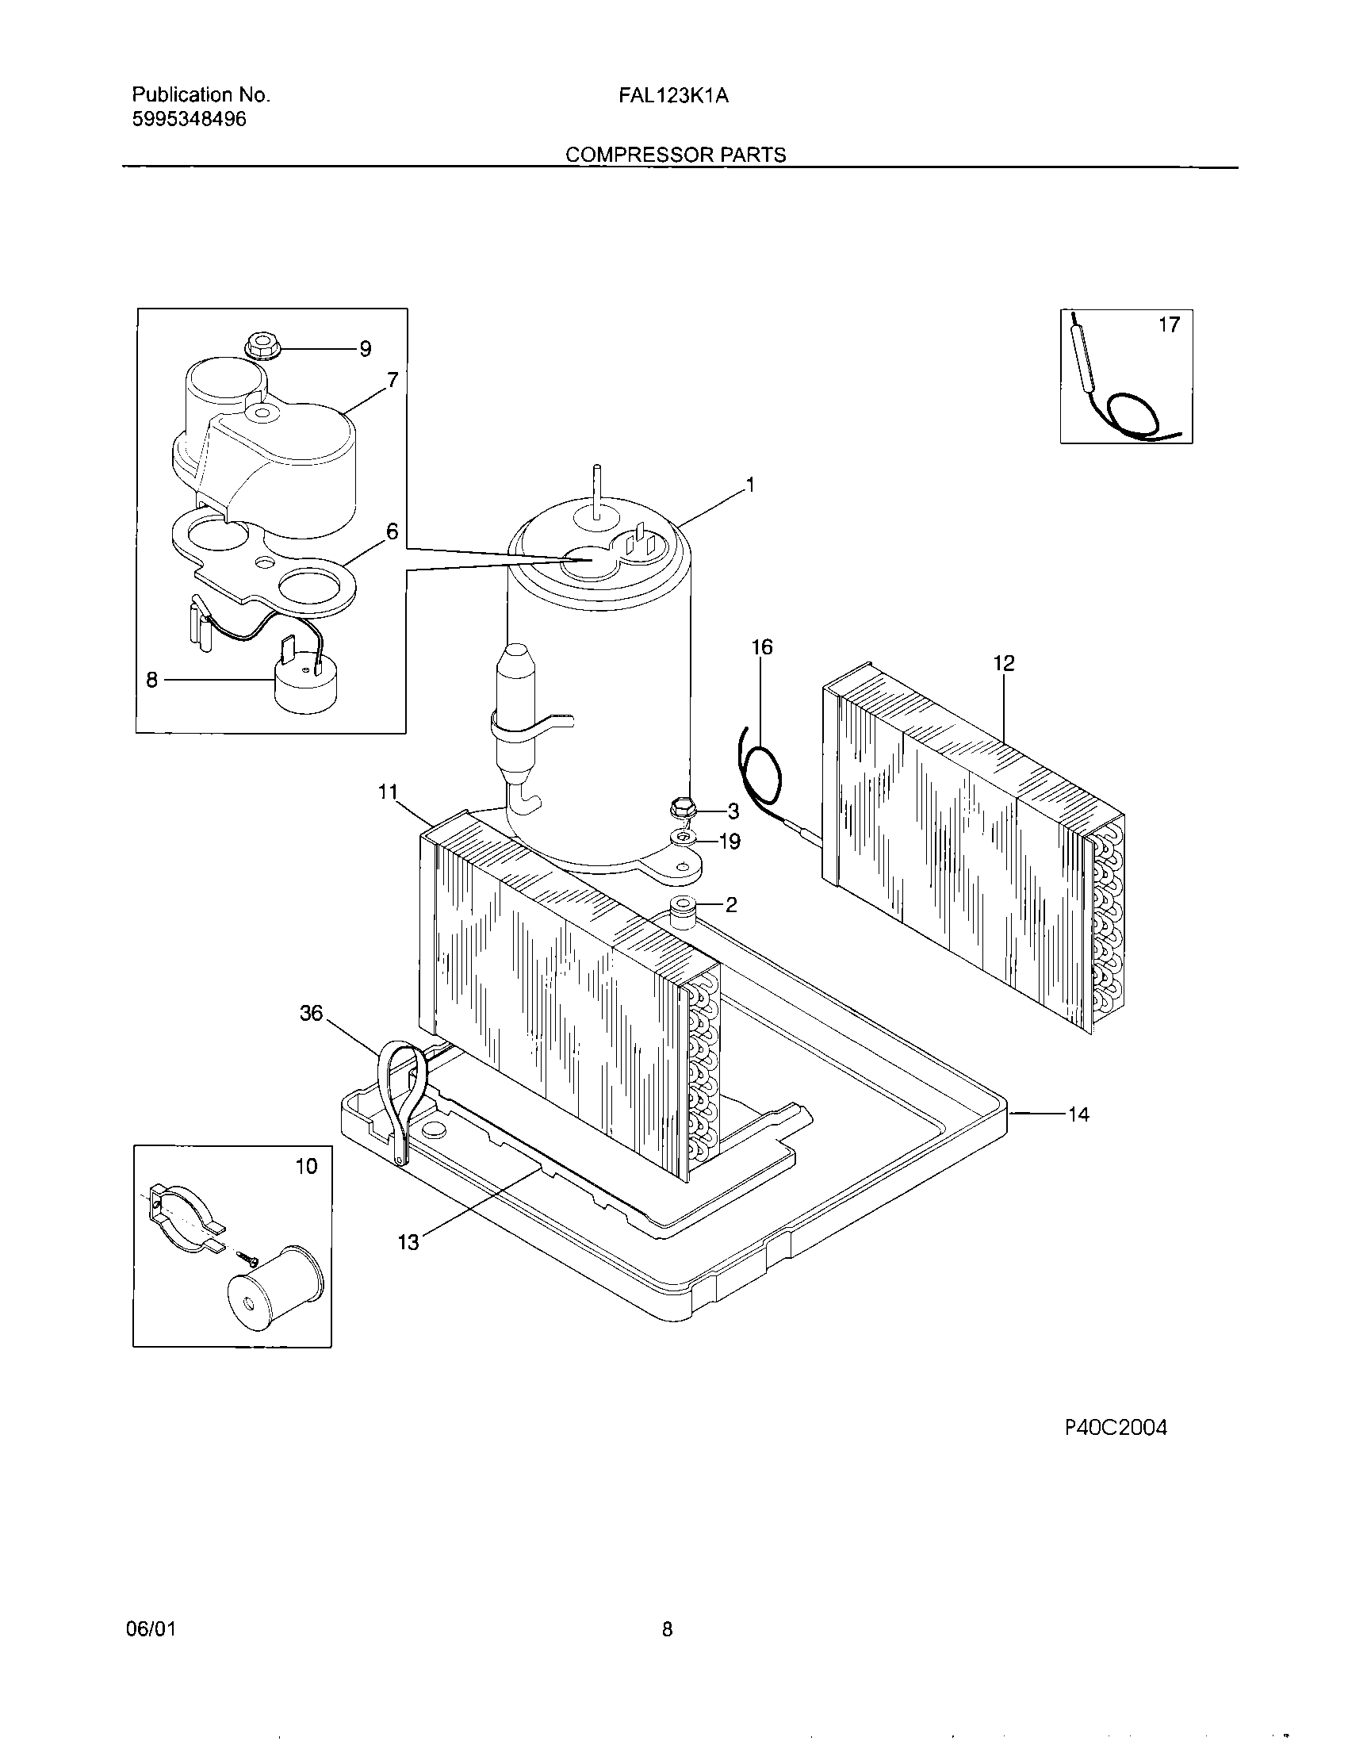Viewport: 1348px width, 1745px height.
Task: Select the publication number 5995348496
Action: tap(189, 120)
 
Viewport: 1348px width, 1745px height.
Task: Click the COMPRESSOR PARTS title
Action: tap(676, 155)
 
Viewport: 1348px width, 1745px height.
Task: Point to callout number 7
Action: tap(392, 380)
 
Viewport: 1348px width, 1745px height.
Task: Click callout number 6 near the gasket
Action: tap(391, 531)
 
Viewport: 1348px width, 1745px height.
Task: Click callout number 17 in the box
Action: tap(1168, 325)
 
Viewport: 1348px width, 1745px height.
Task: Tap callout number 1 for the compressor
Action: tap(749, 485)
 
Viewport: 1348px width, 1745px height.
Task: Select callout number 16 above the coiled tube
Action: tap(762, 647)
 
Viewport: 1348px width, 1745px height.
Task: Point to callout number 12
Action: tap(1004, 663)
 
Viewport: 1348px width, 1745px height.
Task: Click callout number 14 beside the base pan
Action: tap(1078, 1114)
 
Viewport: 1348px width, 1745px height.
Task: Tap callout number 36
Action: tap(311, 1013)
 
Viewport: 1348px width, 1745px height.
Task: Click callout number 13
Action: tap(408, 1242)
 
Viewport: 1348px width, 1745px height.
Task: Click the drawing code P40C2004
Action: tap(1116, 1428)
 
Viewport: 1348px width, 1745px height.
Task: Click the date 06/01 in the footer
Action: tap(150, 1629)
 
